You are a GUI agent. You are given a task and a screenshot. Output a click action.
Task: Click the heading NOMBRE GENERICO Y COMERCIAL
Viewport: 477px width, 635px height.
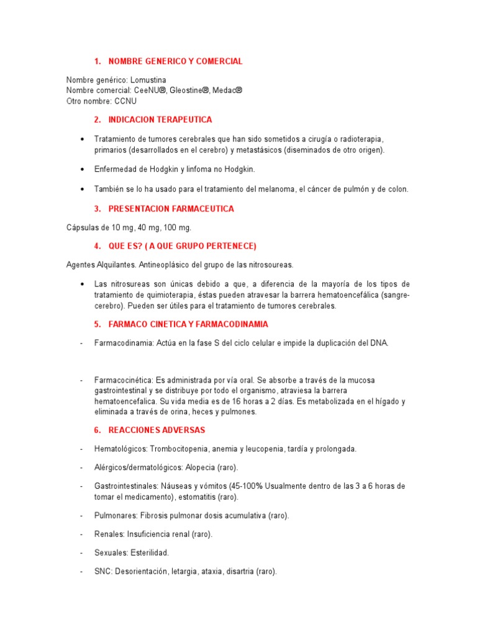pos(175,61)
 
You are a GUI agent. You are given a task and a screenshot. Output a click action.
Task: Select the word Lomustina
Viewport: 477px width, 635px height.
pos(148,80)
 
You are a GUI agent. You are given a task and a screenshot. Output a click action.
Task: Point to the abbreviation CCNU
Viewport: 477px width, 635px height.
pos(125,100)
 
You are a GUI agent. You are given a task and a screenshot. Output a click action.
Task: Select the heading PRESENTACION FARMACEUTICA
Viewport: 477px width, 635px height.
pos(171,209)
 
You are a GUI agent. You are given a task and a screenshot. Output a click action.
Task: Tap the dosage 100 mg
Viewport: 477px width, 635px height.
pos(177,228)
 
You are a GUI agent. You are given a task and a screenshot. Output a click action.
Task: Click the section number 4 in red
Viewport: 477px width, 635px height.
pos(97,246)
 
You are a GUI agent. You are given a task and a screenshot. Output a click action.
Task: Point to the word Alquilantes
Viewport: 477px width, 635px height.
pos(118,265)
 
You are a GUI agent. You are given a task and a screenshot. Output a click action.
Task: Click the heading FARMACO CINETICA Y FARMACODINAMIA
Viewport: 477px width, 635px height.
pos(188,324)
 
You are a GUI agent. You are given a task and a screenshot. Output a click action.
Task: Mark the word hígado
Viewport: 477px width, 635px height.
pos(379,401)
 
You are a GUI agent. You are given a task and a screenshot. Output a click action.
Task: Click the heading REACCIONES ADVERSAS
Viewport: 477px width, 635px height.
pos(157,430)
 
